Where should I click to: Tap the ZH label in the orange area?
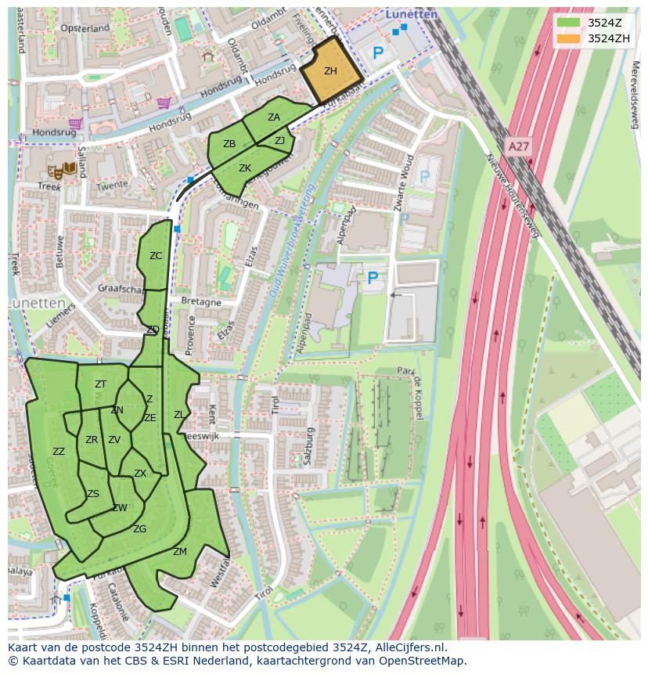pos(330,71)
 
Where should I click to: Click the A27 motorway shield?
pos(517,146)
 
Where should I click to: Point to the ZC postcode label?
pos(156,256)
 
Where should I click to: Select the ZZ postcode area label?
pos(59,452)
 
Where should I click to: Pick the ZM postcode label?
pos(180,552)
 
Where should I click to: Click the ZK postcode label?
pos(245,168)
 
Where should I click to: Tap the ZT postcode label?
pos(100,384)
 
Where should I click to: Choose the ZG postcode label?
pos(139,530)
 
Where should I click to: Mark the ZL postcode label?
pos(179,415)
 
